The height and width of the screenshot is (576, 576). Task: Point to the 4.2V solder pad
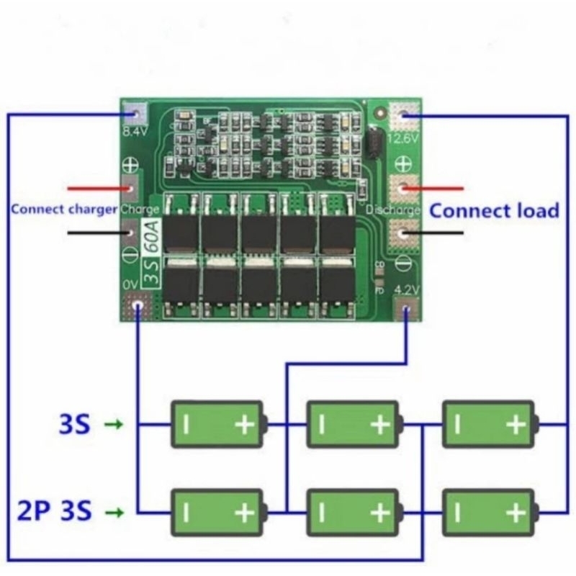point(407,310)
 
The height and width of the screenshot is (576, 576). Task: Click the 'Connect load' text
point(494,210)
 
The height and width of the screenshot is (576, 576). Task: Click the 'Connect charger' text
point(63,210)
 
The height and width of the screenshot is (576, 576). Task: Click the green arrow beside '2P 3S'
point(114,513)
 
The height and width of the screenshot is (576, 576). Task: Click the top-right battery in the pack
point(489,424)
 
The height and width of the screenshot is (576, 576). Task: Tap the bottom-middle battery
point(354,512)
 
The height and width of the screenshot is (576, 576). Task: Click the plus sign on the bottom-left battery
point(245,513)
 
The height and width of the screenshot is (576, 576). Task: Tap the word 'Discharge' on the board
point(393,210)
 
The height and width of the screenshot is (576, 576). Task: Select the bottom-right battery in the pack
point(489,512)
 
